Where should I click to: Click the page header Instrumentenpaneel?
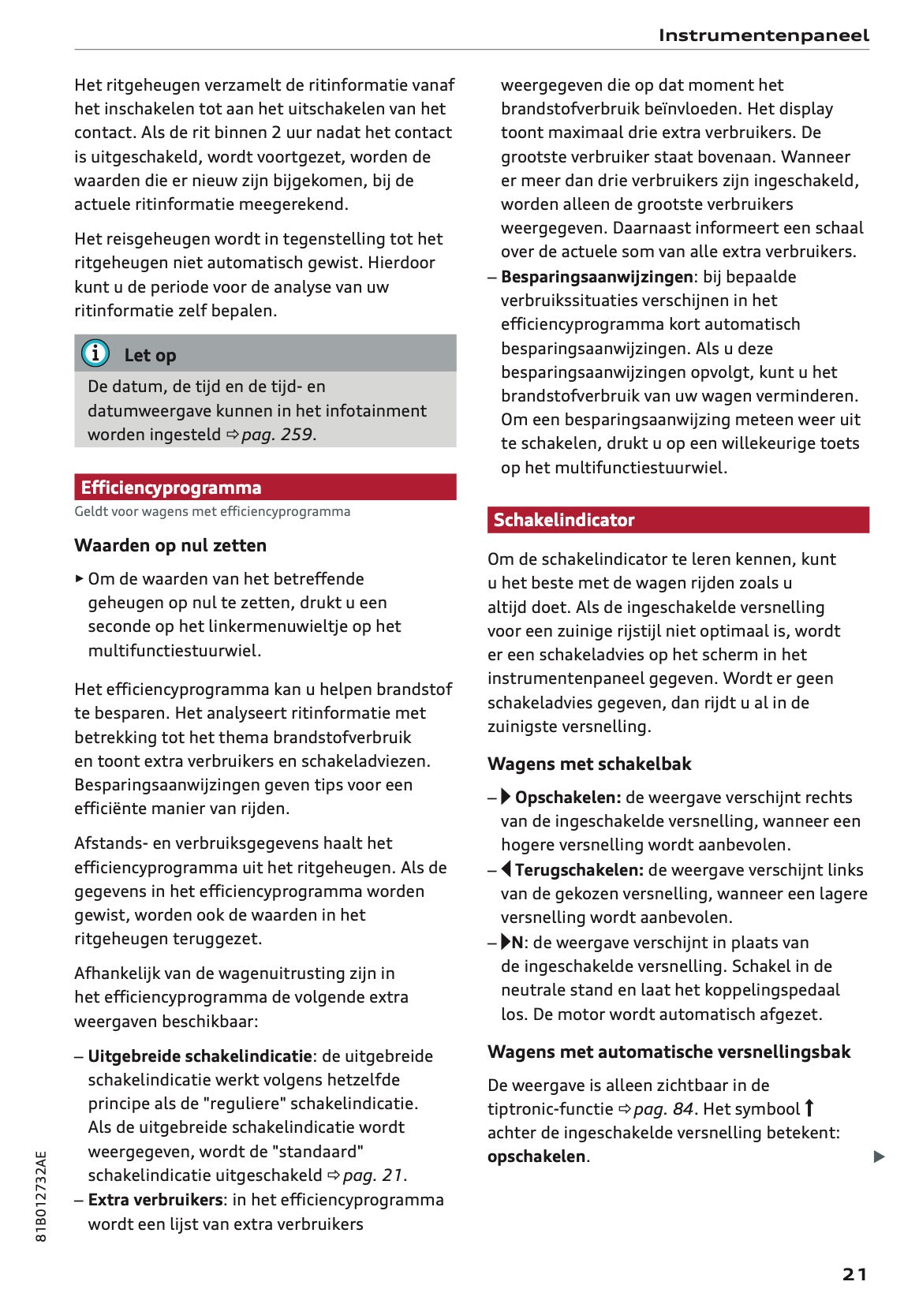pyautogui.click(x=763, y=35)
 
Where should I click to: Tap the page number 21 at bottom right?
pyautogui.click(x=854, y=1274)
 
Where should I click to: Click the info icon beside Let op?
pyautogui.click(x=95, y=353)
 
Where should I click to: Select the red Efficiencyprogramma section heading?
pyautogui.click(x=265, y=488)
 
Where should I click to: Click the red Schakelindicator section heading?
pyautogui.click(x=678, y=520)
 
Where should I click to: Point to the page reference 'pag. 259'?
pyautogui.click(x=277, y=435)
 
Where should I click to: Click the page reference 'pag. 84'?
pyautogui.click(x=663, y=1109)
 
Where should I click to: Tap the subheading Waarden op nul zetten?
pyautogui.click(x=170, y=545)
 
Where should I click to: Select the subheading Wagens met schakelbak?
pyautogui.click(x=588, y=764)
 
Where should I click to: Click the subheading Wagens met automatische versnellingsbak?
pyautogui.click(x=669, y=1052)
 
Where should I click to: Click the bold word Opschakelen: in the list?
pyautogui.click(x=567, y=798)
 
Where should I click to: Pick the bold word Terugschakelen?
pyautogui.click(x=579, y=870)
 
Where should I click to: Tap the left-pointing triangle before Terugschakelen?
pyautogui.click(x=506, y=869)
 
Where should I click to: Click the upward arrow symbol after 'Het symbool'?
pyautogui.click(x=809, y=1108)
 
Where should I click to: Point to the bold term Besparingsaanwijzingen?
pyautogui.click(x=596, y=277)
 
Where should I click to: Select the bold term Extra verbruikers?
pyautogui.click(x=155, y=1200)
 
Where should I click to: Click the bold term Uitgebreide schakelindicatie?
pyautogui.click(x=200, y=1056)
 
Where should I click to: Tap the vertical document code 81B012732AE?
pyautogui.click(x=42, y=1196)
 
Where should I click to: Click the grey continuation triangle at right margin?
pyautogui.click(x=879, y=1157)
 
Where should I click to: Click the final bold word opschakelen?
pyautogui.click(x=536, y=1156)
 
